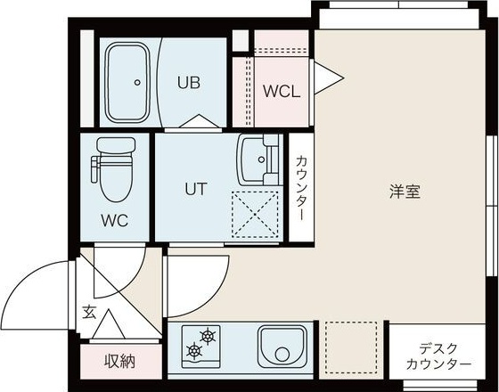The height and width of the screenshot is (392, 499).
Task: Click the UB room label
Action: click(x=188, y=83)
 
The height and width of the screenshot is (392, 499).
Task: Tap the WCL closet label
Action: click(x=281, y=91)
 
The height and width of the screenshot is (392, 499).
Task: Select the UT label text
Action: click(x=196, y=189)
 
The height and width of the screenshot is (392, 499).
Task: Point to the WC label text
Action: click(x=115, y=220)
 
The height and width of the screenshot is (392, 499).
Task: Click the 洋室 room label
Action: click(x=405, y=191)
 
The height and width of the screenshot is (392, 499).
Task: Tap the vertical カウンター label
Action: click(x=301, y=189)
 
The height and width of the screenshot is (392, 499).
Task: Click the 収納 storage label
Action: click(x=120, y=361)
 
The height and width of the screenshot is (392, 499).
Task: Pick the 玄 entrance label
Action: click(x=90, y=312)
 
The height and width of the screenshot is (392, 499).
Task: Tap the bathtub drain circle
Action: click(x=137, y=83)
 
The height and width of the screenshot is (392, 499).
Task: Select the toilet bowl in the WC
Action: click(x=113, y=183)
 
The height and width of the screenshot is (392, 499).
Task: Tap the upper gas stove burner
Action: click(x=207, y=337)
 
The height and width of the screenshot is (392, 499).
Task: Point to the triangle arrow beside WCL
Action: click(x=323, y=76)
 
